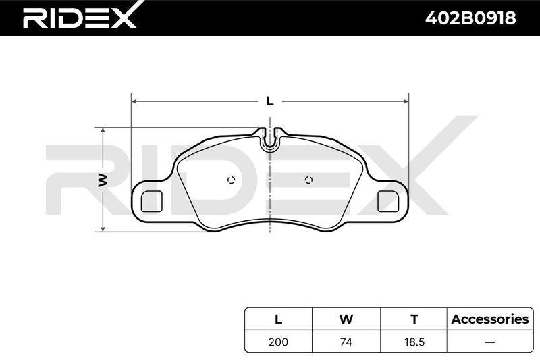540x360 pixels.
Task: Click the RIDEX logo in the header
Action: coord(79,16)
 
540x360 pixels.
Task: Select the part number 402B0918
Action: coord(470,18)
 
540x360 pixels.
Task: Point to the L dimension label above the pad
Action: coord(270,101)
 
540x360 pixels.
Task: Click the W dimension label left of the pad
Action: coord(103,180)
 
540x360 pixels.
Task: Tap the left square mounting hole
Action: coord(151,201)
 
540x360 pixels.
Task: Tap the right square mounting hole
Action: coord(388,201)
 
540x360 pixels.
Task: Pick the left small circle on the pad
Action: coord(231,180)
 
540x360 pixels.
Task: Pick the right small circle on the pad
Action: coord(309,180)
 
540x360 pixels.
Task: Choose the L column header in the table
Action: coord(278,319)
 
